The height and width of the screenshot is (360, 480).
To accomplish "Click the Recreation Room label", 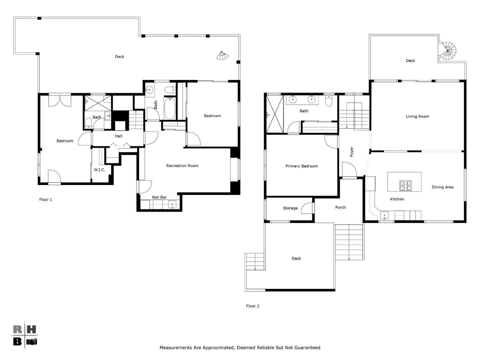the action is pos(182,166).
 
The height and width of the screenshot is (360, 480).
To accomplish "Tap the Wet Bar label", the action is pos(159,197).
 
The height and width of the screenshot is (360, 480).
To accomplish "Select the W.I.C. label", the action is pos(99,170).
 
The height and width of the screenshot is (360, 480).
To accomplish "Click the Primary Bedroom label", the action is pos(302,166).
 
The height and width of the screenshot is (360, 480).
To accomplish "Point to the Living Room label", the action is pos(417,117).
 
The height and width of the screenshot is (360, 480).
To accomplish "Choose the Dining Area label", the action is pos(442,187).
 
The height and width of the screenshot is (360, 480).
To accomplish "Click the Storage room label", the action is pos(290,208).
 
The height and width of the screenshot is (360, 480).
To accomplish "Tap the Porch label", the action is pos(340,207).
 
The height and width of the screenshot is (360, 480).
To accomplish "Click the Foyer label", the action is pos(352,152).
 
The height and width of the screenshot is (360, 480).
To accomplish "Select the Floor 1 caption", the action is pos(45,200).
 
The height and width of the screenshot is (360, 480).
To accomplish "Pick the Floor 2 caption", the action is pos(253,306).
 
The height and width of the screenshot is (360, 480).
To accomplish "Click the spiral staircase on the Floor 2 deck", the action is pos(447,51).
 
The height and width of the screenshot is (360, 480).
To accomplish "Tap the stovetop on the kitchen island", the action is pos(406,186).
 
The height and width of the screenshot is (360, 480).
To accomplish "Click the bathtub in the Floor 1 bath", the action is pos(170,108).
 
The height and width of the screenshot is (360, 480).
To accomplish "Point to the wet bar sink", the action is pos(172,204).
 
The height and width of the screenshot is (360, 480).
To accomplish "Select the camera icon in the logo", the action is pos(32,342).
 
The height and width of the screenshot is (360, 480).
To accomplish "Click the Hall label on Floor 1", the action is pos(119,136).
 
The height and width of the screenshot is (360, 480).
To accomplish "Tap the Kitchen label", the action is pos(397,199).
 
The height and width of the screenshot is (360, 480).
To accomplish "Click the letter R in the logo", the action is pos(17,329).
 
